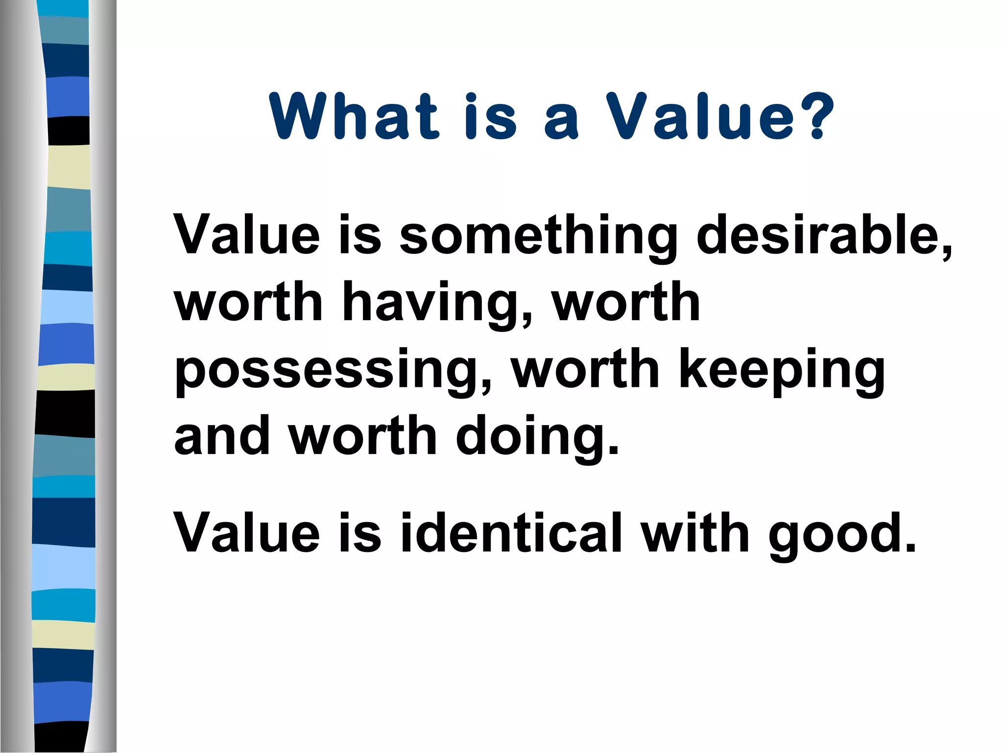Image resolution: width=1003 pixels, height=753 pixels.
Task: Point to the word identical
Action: [x=511, y=532]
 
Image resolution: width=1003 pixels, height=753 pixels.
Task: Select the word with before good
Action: [x=696, y=532]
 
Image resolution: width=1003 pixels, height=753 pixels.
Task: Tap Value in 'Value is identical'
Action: [x=247, y=532]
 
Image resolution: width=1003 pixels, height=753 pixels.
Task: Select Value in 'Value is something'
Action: [x=247, y=235]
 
